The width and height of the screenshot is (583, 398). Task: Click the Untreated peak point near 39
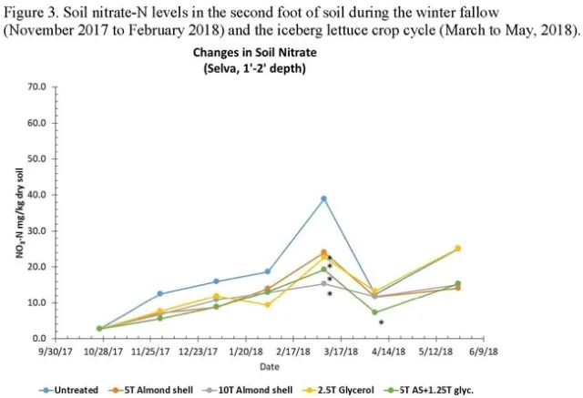[x=323, y=199]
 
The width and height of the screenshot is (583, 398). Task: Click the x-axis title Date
[x=269, y=366]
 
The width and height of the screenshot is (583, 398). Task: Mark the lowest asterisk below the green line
[x=381, y=323]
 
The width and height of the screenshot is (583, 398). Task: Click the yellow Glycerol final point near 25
[x=457, y=248]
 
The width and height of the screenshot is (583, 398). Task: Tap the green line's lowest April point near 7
[x=374, y=312]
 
